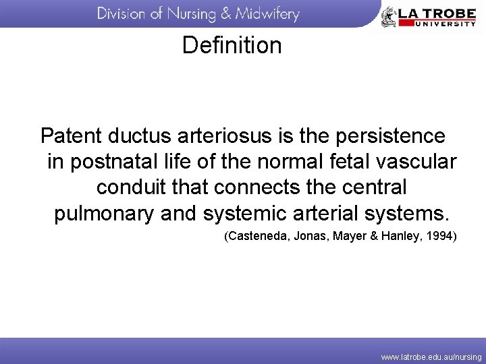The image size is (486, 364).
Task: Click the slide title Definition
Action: pyautogui.click(x=232, y=46)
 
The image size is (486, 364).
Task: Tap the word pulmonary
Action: pyautogui.click(x=104, y=214)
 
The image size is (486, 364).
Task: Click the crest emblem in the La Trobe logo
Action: pyautogui.click(x=389, y=17)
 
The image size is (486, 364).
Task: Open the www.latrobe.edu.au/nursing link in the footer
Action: pyautogui.click(x=431, y=357)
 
